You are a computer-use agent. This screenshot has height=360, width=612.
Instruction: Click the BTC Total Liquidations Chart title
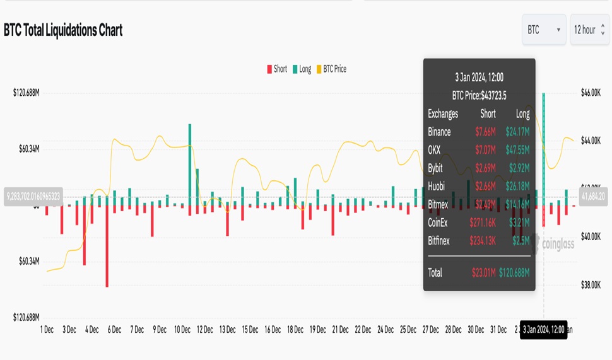(63, 30)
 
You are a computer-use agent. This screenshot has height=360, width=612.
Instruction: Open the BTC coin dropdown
(543, 30)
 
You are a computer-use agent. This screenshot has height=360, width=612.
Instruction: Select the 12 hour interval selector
(589, 30)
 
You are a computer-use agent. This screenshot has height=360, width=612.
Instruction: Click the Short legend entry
(277, 69)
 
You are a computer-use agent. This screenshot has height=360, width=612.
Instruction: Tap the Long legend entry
(302, 69)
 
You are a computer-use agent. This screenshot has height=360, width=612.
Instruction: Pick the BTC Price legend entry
(331, 69)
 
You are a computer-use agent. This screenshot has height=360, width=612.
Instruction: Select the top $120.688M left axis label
(26, 93)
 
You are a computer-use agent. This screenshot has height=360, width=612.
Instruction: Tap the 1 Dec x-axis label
(47, 330)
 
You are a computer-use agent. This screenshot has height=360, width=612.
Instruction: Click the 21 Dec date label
(340, 330)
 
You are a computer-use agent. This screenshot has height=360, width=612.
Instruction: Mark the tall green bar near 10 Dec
(190, 164)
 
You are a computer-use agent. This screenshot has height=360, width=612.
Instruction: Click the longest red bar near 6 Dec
(107, 246)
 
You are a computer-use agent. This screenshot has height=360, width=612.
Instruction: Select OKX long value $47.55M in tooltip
(517, 150)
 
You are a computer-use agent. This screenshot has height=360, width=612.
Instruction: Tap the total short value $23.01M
(483, 273)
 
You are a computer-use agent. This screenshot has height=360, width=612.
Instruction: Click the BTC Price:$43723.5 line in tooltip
(479, 96)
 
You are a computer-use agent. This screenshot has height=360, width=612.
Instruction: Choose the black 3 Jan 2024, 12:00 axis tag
(543, 330)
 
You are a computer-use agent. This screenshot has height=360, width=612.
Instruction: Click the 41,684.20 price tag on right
(592, 197)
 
